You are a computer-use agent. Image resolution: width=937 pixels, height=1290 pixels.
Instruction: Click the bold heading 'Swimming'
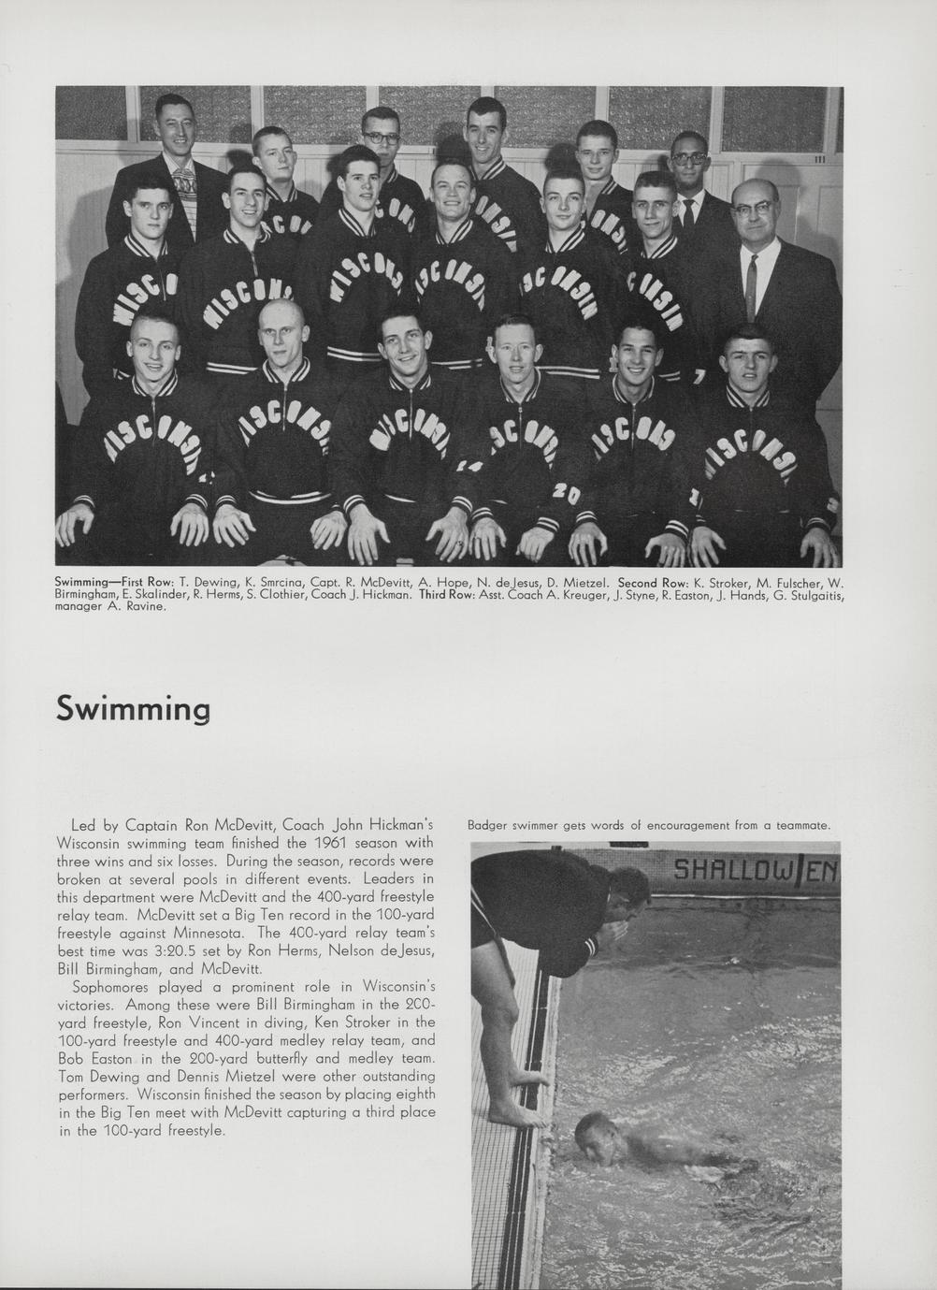coord(133,708)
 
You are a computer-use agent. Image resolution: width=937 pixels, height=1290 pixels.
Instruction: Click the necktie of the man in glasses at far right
coord(751,278)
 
